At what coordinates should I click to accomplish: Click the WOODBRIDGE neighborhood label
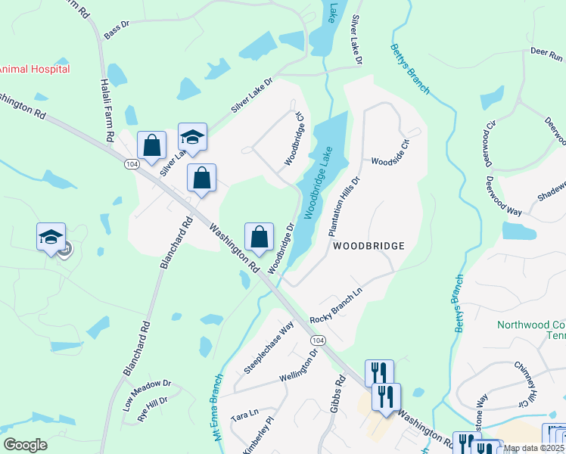[367, 246]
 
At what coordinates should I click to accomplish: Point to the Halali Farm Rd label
[107, 110]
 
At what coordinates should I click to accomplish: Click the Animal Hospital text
[34, 69]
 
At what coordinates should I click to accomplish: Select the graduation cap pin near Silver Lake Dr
[192, 137]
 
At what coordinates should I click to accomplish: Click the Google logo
[25, 445]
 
